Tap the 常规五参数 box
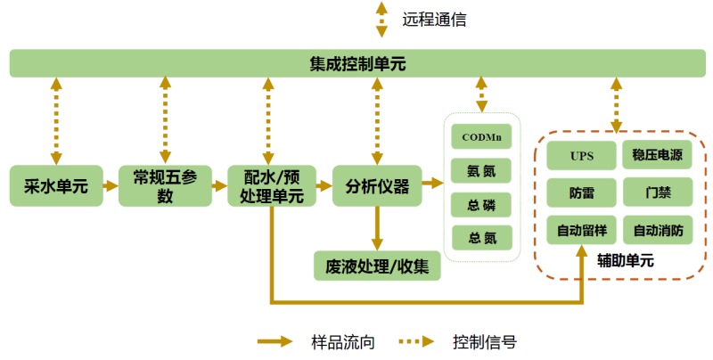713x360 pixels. click(165, 186)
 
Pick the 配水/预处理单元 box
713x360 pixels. click(272, 186)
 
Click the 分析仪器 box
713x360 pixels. click(377, 186)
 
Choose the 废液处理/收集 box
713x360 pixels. click(377, 266)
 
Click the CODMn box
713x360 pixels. click(481, 137)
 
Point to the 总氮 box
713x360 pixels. click(481, 236)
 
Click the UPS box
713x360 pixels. click(581, 155)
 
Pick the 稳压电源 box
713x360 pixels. click(658, 155)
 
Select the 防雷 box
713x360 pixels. click(581, 192)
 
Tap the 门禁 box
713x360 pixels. click(658, 192)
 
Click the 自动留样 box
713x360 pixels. click(581, 231)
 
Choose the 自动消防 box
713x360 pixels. click(658, 231)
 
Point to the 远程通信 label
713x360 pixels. click(434, 19)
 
